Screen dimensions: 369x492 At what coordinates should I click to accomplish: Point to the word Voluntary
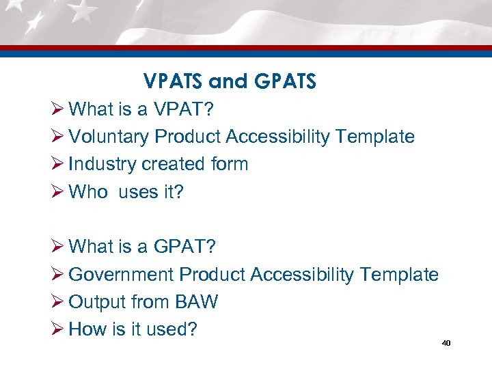coord(109,137)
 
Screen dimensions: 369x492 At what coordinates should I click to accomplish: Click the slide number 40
coord(446,343)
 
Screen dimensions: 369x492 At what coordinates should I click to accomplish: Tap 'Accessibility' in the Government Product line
coord(303,275)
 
